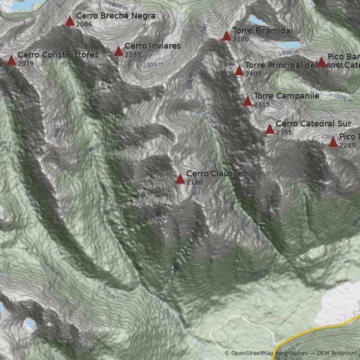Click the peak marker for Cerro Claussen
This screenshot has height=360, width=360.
tap(180, 179)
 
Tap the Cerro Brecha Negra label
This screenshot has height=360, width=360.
tap(116, 16)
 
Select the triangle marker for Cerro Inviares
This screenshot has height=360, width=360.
tap(118, 51)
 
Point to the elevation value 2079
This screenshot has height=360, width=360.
tap(26, 63)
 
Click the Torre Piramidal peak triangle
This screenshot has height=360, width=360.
tap(226, 36)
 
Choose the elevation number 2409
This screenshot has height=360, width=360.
tap(253, 74)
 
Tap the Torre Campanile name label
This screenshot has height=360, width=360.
tap(286, 96)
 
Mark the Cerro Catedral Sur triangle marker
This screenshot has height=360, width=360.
tap(270, 129)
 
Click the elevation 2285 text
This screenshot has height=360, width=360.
tap(347, 145)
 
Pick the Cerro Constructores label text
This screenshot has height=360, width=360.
tap(58, 55)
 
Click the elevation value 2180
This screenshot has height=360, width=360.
tap(194, 182)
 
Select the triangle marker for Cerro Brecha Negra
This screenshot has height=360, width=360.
tap(70, 21)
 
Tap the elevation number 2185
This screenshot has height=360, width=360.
tap(133, 54)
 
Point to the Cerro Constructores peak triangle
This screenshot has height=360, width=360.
tap(11, 60)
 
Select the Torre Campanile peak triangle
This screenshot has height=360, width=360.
tap(247, 101)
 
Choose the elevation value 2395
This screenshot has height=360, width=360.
tap(284, 132)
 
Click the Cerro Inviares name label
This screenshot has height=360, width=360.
tap(153, 46)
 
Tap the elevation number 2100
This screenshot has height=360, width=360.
tap(241, 39)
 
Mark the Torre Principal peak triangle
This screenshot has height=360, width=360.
tap(239, 71)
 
